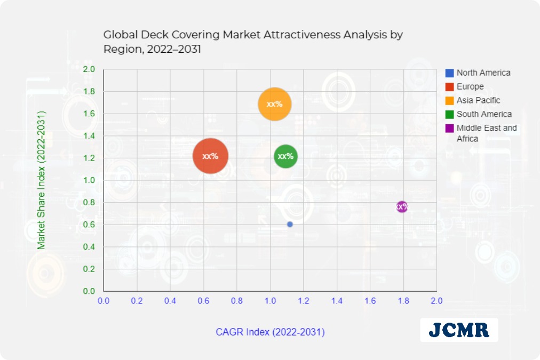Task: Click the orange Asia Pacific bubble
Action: click(x=274, y=104)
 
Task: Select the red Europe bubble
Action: click(x=210, y=156)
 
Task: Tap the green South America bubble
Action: click(x=285, y=156)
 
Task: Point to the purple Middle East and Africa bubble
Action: click(x=402, y=206)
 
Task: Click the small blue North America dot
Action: click(x=290, y=225)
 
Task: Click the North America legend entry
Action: click(x=483, y=73)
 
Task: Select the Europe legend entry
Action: click(x=470, y=86)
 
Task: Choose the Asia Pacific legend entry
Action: click(x=478, y=100)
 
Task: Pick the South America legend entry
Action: click(x=483, y=114)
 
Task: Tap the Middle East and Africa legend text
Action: click(x=486, y=133)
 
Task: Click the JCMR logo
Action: click(x=459, y=330)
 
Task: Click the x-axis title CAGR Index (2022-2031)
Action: click(x=270, y=332)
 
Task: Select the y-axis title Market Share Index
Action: click(x=42, y=180)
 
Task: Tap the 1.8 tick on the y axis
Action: click(x=89, y=92)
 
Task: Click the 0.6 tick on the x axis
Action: click(x=203, y=301)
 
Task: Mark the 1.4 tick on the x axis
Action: click(x=337, y=301)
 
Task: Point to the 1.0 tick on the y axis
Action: click(x=89, y=181)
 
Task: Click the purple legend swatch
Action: click(x=449, y=128)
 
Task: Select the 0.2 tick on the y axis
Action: click(x=89, y=269)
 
